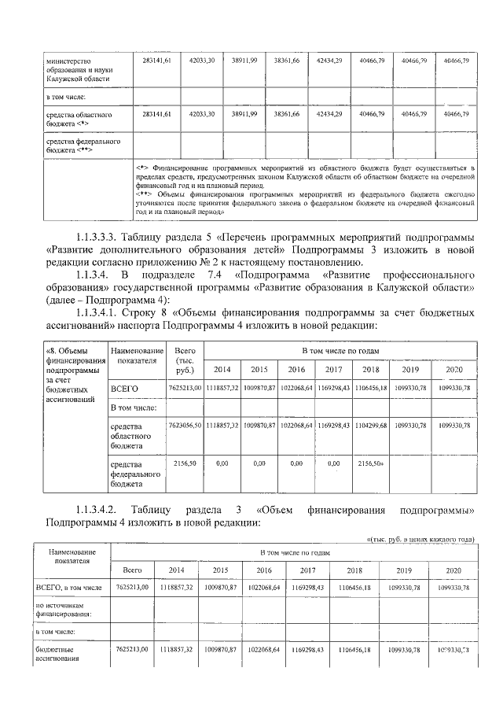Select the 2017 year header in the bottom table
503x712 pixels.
[x=307, y=570]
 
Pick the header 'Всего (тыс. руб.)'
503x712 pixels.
[x=185, y=362]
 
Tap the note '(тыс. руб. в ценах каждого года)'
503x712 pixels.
[x=421, y=539]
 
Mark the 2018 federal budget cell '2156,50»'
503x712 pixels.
[x=371, y=464]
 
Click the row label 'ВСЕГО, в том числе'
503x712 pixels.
[x=68, y=588]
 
